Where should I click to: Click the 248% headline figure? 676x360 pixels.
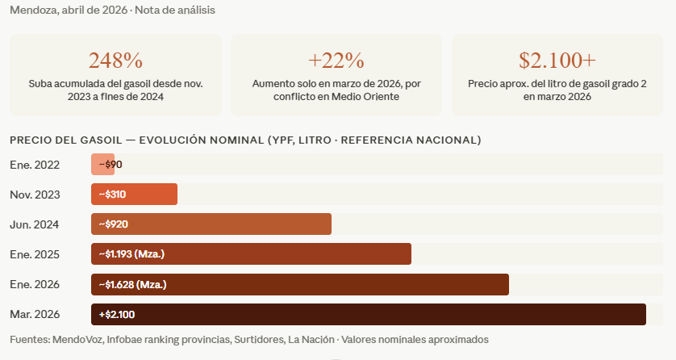point(115,61)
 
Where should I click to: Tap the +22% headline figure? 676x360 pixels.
point(336,61)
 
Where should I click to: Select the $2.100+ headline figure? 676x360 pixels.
point(557,61)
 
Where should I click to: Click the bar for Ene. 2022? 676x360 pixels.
point(102,165)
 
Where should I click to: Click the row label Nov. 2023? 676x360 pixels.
point(35,195)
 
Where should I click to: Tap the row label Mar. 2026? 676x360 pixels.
point(35,314)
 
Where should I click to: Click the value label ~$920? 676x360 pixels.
point(114,224)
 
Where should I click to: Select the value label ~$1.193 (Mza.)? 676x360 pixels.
point(131,254)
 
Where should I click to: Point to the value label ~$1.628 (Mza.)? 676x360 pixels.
point(132,284)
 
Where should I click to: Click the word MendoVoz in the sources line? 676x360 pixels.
point(79,339)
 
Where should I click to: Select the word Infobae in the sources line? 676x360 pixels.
point(127,339)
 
